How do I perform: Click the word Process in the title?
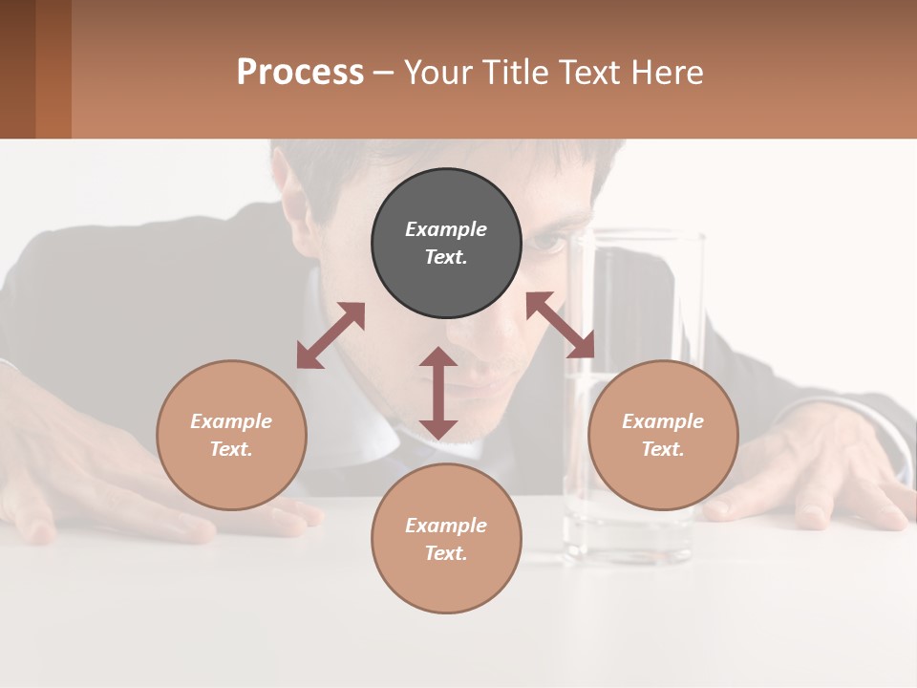click(300, 73)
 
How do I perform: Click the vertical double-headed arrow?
click(438, 393)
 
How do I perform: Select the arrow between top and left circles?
click(331, 335)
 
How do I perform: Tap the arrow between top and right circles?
click(561, 325)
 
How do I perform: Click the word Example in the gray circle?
click(446, 229)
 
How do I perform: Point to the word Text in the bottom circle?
click(446, 553)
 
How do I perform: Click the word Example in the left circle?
click(231, 421)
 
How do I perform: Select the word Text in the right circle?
click(663, 449)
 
